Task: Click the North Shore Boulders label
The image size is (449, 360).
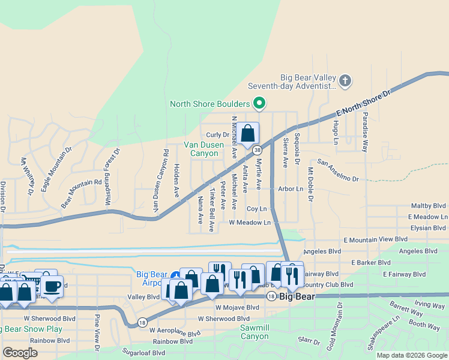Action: pyautogui.click(x=210, y=104)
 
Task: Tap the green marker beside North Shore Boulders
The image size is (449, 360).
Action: pyautogui.click(x=259, y=104)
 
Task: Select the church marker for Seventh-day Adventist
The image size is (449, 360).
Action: pyautogui.click(x=345, y=81)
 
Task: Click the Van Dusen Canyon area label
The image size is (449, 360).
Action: pyautogui.click(x=203, y=149)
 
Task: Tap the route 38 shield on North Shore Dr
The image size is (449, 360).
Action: pyautogui.click(x=257, y=149)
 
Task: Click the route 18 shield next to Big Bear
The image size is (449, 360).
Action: pyautogui.click(x=271, y=296)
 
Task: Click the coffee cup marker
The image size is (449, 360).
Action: pyautogui.click(x=52, y=286)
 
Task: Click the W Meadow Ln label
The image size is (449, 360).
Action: pyautogui.click(x=250, y=222)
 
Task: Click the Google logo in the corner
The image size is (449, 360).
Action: pyautogui.click(x=20, y=353)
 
